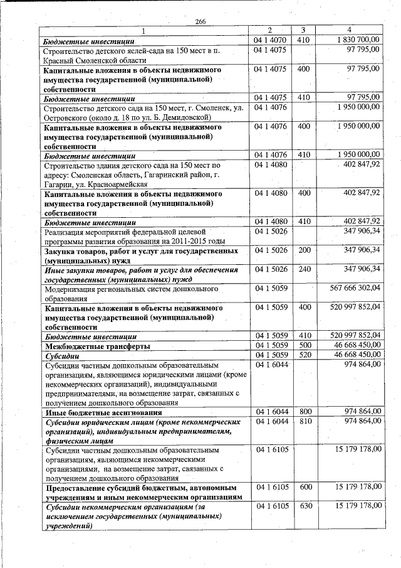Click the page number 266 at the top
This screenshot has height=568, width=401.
[200, 22]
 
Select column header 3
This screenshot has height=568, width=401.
[303, 30]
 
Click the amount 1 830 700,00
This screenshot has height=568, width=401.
[356, 40]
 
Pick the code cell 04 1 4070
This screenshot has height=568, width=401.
[270, 40]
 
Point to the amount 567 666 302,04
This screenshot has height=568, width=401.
[355, 289]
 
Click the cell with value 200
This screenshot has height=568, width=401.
[304, 250]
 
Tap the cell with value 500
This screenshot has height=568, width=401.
[304, 346]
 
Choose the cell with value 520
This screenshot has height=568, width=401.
[304, 355]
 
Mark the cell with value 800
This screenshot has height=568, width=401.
[304, 412]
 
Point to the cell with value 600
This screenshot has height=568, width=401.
[304, 487]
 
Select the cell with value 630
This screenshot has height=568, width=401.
[304, 506]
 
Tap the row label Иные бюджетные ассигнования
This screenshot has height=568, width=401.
[104, 412]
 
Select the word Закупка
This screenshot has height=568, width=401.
[60, 251]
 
